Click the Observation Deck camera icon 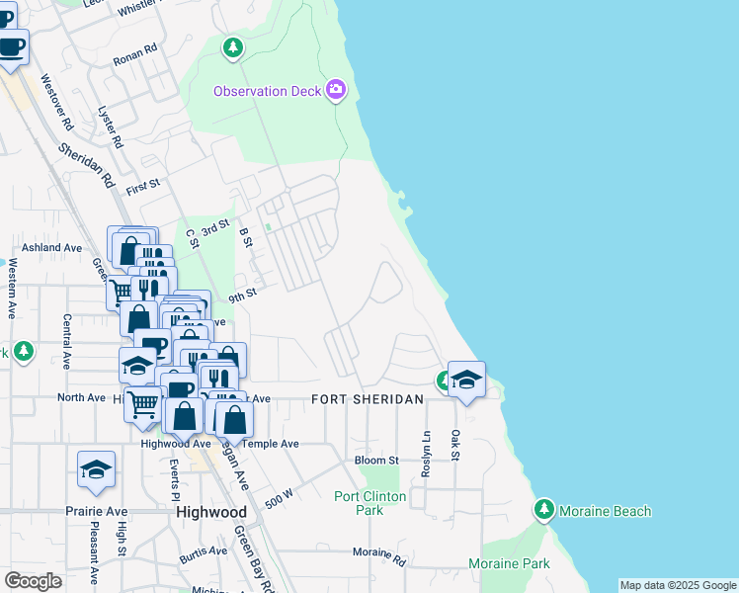click(x=336, y=91)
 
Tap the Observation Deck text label click(x=268, y=92)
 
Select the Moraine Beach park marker click(x=543, y=510)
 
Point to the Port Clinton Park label click(x=359, y=504)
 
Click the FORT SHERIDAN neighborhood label click(x=368, y=399)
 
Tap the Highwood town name click(x=210, y=513)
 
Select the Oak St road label click(x=456, y=451)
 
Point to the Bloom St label click(x=376, y=461)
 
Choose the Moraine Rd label click(x=379, y=559)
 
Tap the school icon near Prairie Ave click(x=97, y=471)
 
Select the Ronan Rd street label click(x=135, y=48)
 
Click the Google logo click(x=33, y=581)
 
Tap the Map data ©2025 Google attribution click(x=678, y=585)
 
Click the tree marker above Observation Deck click(x=233, y=46)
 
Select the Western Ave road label click(x=11, y=288)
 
